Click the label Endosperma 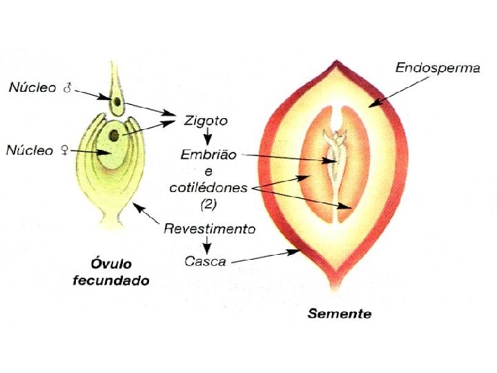click(438, 68)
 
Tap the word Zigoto click(206, 120)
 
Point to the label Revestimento click(210, 229)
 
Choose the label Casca click(207, 261)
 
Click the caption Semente click(339, 314)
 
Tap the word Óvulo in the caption click(113, 265)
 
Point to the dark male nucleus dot click(118, 104)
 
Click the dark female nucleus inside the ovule click(113, 135)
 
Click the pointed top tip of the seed click(338, 62)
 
